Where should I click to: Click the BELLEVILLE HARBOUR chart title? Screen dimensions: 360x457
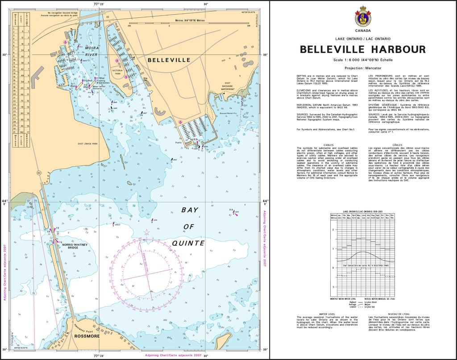pyautogui.click(x=362, y=49)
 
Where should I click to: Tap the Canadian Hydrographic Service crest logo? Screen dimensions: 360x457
pyautogui.click(x=362, y=17)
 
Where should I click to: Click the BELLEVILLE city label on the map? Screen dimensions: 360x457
pyautogui.click(x=169, y=60)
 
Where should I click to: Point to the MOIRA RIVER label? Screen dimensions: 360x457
pyautogui.click(x=91, y=50)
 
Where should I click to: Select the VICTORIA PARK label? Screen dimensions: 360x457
pyautogui.click(x=117, y=72)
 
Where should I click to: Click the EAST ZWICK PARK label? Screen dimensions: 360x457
pyautogui.click(x=87, y=144)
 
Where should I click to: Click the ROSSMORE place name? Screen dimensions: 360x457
pyautogui.click(x=87, y=336)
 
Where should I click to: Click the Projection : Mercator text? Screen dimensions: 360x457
pyautogui.click(x=362, y=68)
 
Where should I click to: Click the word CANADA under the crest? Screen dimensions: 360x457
pyautogui.click(x=362, y=31)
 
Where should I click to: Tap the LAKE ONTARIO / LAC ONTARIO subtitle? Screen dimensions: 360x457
pyautogui.click(x=362, y=39)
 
